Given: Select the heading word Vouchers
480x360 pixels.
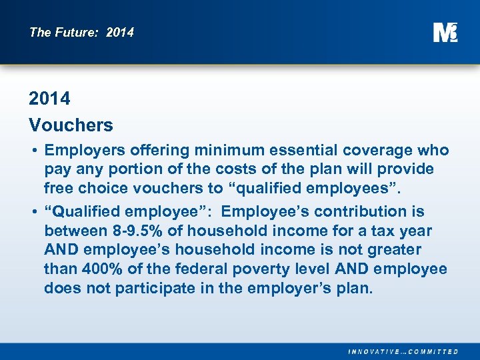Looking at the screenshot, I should click(x=71, y=125).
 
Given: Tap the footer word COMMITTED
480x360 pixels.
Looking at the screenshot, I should click(x=434, y=351).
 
